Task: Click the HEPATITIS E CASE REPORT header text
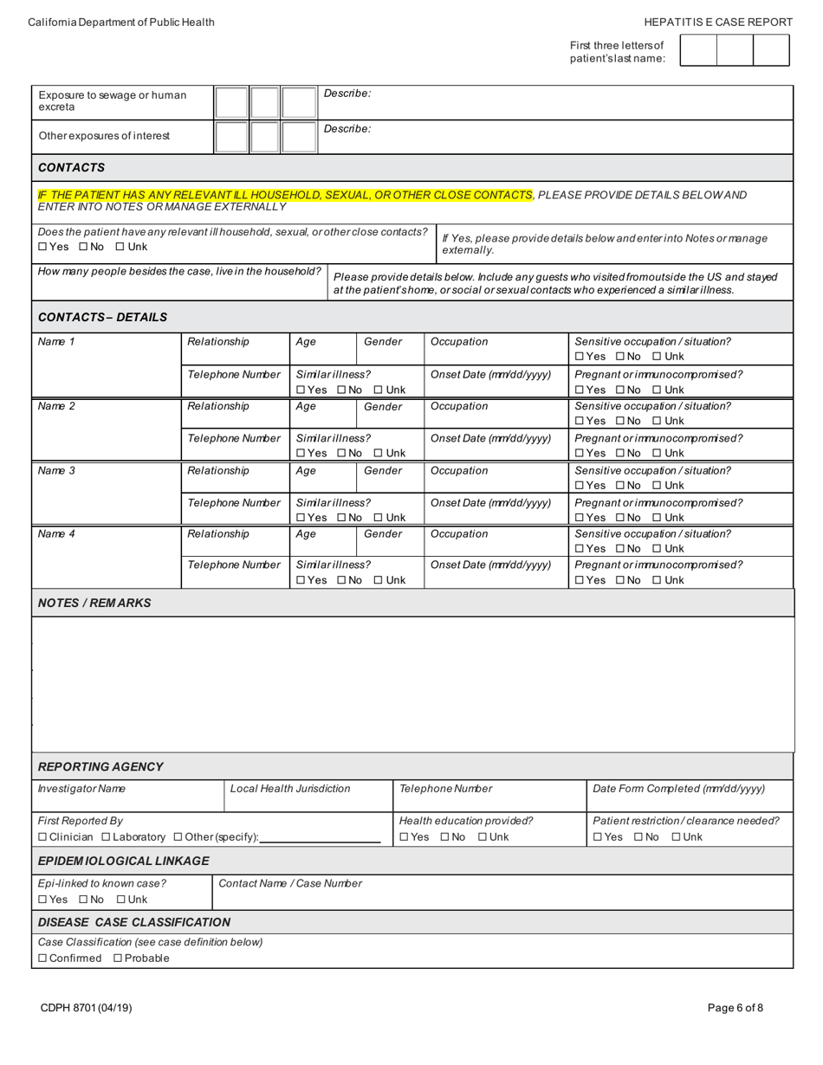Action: tap(718, 23)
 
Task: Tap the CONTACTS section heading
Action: tap(71, 168)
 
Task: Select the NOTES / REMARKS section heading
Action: tap(94, 603)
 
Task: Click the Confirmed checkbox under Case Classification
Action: tap(43, 958)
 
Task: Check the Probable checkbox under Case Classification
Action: tap(119, 958)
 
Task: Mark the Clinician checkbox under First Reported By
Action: tap(43, 837)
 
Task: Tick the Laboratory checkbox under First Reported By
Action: tap(107, 837)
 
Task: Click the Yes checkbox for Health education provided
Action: tap(404, 837)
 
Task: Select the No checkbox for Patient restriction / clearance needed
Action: tap(639, 837)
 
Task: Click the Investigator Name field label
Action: tap(81, 789)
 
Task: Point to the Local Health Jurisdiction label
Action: tap(290, 789)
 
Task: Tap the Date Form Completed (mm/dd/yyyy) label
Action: tap(679, 789)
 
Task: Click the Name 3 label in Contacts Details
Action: tap(56, 471)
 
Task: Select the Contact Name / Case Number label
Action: tap(290, 884)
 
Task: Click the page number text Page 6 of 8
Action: tap(736, 1008)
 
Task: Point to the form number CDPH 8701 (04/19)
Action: tap(86, 1008)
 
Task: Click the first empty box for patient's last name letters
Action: tap(698, 50)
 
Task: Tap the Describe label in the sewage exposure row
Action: tap(347, 94)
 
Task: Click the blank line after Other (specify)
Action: tap(320, 837)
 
